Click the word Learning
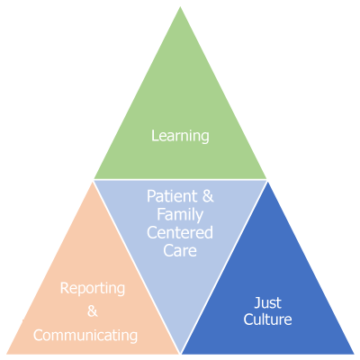tap(180, 136)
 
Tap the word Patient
tap(172, 196)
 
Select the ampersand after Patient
tap(208, 196)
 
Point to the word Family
tap(180, 215)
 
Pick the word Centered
tap(180, 233)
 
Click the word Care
tap(180, 251)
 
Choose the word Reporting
tap(93, 289)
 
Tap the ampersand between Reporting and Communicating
tap(93, 310)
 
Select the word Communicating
tap(85, 336)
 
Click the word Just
tap(268, 302)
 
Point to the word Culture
tap(267, 319)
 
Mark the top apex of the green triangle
tap(180, 6)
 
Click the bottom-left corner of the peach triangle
tap(6, 354)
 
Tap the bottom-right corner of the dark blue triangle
tap(355, 354)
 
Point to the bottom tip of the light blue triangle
tap(180, 354)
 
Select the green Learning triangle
tap(180, 120)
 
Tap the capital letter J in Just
tap(257, 302)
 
